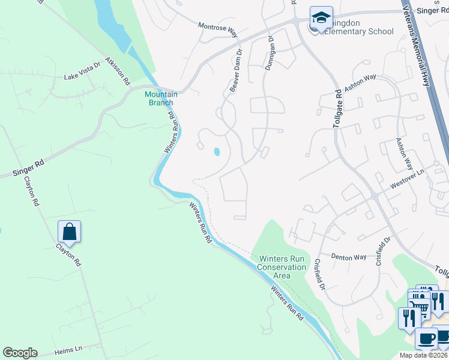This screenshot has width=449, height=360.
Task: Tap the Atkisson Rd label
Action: pos(118,71)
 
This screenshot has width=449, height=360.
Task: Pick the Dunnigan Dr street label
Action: pos(270,53)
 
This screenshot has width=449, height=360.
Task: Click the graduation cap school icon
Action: pos(321,17)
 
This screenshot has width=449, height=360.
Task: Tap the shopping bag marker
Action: pos(70,232)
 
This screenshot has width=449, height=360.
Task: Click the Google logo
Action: pos(20,353)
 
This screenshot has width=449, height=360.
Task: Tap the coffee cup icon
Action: pos(427,338)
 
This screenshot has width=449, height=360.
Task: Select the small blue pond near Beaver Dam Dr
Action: pos(216,151)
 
